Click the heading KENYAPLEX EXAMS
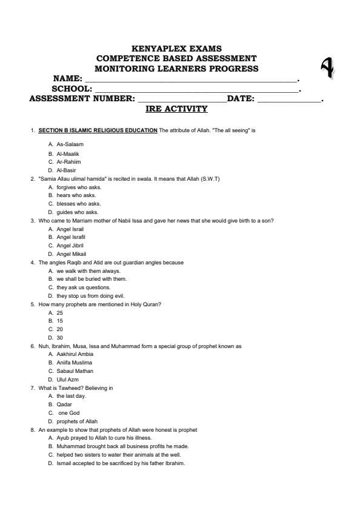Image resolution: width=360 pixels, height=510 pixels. point(176,48)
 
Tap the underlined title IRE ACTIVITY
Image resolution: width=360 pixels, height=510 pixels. point(176,109)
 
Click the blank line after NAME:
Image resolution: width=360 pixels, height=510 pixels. point(191,79)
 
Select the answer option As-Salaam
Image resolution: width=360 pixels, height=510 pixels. point(70,144)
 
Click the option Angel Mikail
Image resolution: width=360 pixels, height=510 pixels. point(71,253)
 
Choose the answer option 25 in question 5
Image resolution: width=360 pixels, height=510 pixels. point(59,312)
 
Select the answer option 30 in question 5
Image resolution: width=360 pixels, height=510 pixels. point(59,337)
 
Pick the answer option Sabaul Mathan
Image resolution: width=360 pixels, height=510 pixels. point(75,371)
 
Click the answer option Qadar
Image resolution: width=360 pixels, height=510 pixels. point(64,404)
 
